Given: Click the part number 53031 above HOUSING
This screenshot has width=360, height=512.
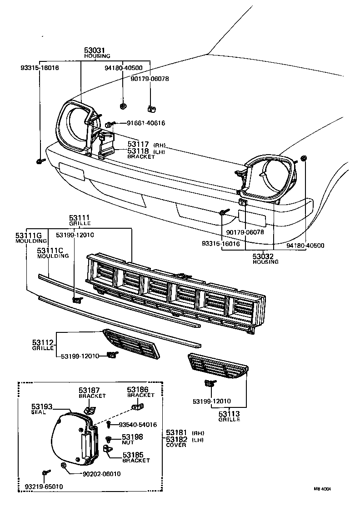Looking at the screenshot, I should pos(97,50).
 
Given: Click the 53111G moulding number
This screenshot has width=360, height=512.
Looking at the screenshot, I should pos(29,235).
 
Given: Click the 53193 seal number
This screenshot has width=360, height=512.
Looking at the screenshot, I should pos(42,406).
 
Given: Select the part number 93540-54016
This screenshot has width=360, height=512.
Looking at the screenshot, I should pos(138,425).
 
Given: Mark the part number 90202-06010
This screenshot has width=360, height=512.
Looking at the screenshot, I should pos(101,473).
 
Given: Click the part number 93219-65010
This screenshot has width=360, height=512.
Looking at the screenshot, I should pos(44,487).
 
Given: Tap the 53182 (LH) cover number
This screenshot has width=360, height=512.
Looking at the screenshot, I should pos(176,439).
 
